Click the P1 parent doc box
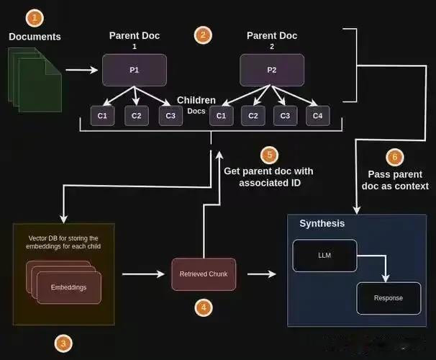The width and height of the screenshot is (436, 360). pyautogui.click(x=135, y=70)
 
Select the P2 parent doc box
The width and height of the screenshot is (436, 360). pyautogui.click(x=272, y=70)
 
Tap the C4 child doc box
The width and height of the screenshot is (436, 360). pyautogui.click(x=318, y=116)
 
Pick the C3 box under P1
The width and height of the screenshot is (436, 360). pyautogui.click(x=171, y=116)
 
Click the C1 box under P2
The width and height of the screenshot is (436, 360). pyautogui.click(x=222, y=116)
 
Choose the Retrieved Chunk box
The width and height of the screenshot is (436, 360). pyautogui.click(x=204, y=274)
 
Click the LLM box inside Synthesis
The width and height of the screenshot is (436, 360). pyautogui.click(x=324, y=256)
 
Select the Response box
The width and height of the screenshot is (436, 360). pyautogui.click(x=389, y=298)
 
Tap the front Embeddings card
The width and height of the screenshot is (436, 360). pyautogui.click(x=69, y=288)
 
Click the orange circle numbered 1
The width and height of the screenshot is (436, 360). pyautogui.click(x=35, y=19)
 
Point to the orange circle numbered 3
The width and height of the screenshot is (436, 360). pyautogui.click(x=63, y=343)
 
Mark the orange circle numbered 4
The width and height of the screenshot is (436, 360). pyautogui.click(x=204, y=307)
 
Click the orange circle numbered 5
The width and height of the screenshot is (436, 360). pyautogui.click(x=269, y=155)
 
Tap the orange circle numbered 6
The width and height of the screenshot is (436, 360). pyautogui.click(x=395, y=157)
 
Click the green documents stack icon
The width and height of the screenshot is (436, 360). pyautogui.click(x=35, y=80)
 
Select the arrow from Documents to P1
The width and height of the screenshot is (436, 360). pyautogui.click(x=82, y=70)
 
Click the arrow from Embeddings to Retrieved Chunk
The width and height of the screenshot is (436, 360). pyautogui.click(x=143, y=274)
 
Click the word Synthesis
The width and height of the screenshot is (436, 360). pyautogui.click(x=322, y=223)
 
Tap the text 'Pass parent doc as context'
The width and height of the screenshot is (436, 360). pyautogui.click(x=395, y=180)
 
